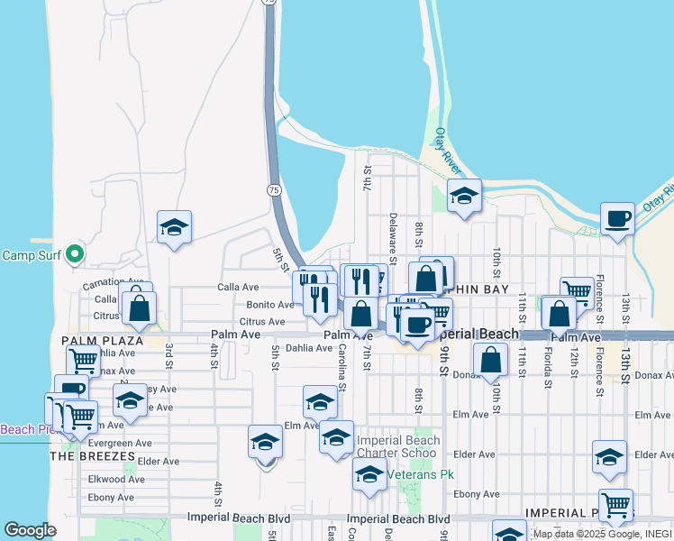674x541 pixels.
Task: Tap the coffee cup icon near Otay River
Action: tap(618, 219)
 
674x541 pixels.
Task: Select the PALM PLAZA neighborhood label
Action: tap(90, 341)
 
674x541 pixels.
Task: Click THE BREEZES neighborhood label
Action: tap(92, 456)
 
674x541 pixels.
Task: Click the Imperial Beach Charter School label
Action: tap(398, 446)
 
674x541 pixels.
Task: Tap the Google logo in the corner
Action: tap(30, 530)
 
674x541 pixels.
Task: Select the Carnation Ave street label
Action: tap(113, 282)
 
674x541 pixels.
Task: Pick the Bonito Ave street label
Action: tap(271, 305)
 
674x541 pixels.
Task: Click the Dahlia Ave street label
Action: tap(309, 348)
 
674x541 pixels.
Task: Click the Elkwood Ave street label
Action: tap(111, 478)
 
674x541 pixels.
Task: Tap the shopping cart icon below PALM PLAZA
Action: tap(83, 361)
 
